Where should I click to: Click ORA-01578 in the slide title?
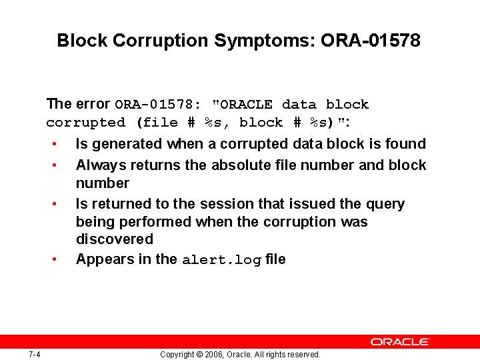pyautogui.click(x=371, y=41)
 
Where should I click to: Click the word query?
pyautogui.click(x=385, y=204)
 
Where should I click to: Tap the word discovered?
pyautogui.click(x=114, y=239)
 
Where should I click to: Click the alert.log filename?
pyautogui.click(x=221, y=260)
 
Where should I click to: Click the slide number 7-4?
pyautogui.click(x=35, y=354)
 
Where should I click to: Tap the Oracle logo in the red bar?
pyautogui.click(x=401, y=342)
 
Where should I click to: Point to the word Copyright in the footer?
pyautogui.click(x=177, y=355)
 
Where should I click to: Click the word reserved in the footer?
pyautogui.click(x=303, y=355)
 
